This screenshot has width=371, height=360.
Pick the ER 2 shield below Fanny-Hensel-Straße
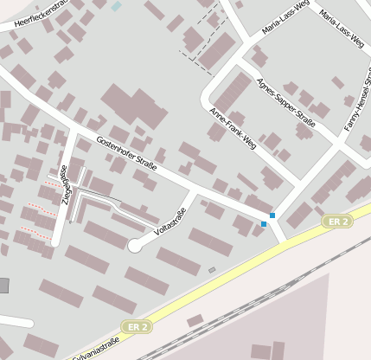(338, 222)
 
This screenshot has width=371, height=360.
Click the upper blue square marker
(272, 215)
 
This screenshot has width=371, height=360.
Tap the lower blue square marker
(264, 224)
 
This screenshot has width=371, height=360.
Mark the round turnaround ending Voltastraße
(134, 247)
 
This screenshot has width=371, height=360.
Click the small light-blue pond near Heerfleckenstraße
(117, 6)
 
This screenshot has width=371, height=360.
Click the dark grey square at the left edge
(3, 286)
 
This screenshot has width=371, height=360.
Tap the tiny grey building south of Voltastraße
(212, 270)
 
